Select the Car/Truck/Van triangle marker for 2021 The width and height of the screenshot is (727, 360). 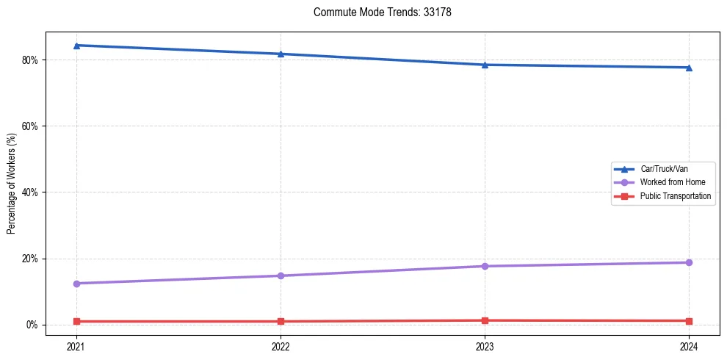coord(76,46)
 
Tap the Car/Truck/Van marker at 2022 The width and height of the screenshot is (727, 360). coord(281,54)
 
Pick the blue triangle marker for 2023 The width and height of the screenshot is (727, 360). coord(485,65)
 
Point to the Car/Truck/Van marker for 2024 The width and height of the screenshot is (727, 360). coord(689,68)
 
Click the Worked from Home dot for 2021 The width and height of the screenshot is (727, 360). coord(76,284)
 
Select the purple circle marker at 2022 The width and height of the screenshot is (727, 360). coord(281,276)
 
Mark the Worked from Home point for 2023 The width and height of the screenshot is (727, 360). coord(485,266)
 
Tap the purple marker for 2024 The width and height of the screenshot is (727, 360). coord(689,262)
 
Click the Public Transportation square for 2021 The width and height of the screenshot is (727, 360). coord(76,321)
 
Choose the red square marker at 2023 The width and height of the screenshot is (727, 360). coord(485,320)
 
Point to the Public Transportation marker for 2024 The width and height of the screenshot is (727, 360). coord(689,321)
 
